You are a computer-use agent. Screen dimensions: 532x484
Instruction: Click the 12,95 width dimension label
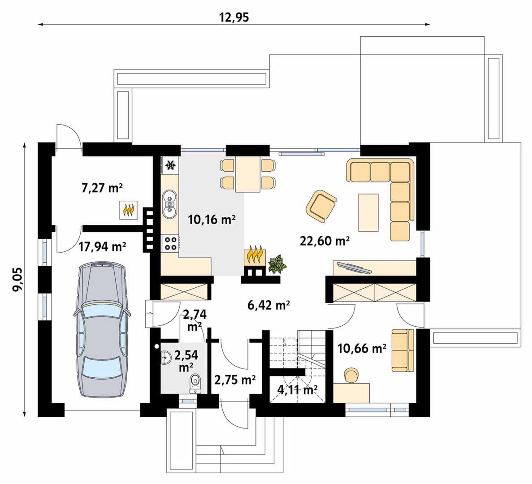coord(234,17)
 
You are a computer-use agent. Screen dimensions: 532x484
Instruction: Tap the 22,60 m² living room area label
coord(324,241)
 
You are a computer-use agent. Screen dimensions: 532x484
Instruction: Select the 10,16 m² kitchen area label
coord(212,220)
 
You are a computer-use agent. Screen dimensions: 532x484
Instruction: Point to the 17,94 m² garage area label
coord(103,246)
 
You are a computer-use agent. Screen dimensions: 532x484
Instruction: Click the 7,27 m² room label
coord(102,188)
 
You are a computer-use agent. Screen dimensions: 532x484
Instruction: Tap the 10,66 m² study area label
coord(362,348)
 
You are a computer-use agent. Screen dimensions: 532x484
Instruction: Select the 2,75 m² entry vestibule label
coord(235,380)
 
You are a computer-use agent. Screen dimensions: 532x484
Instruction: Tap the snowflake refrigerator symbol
coord(170,165)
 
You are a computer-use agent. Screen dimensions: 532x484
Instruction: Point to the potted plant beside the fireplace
coord(277,264)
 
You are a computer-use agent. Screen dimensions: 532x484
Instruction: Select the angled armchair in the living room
coord(321,206)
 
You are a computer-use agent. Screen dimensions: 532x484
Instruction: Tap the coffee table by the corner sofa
coord(368,213)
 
